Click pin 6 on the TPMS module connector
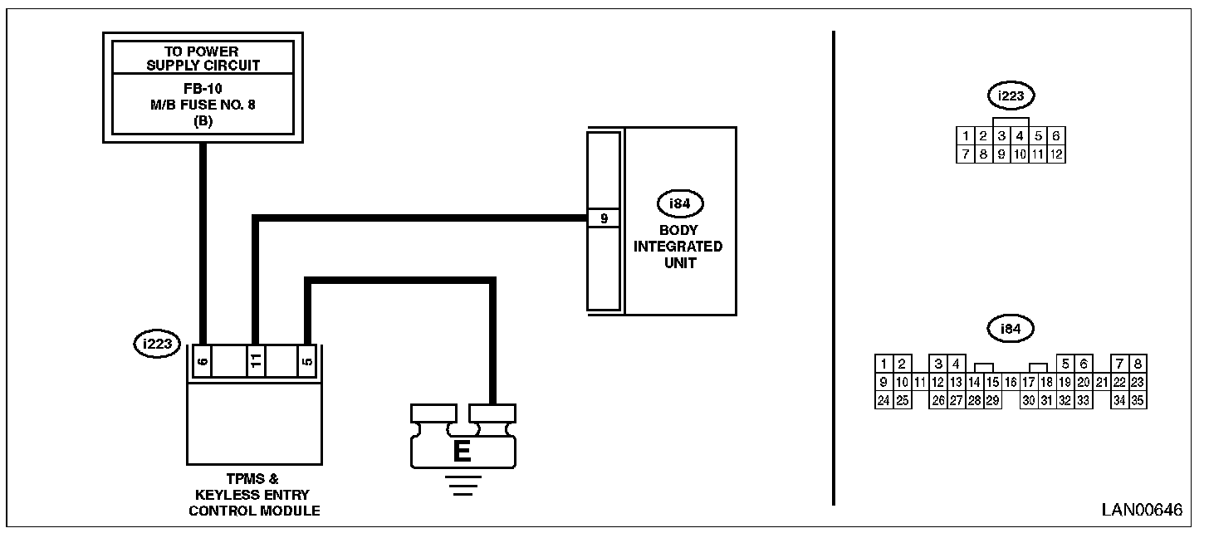[x=202, y=362]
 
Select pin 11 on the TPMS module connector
[x=256, y=362]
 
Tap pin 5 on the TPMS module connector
[x=307, y=362]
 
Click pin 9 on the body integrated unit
[x=604, y=219]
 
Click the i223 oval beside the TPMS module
[x=157, y=343]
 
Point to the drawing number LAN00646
[x=1142, y=510]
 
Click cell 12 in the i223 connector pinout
[x=1056, y=154]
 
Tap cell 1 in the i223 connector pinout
[x=965, y=135]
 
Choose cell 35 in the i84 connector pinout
[x=1138, y=401]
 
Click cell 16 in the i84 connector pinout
[x=1010, y=383]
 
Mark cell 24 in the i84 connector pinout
[x=884, y=401]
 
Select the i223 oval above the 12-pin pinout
[x=1011, y=96]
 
